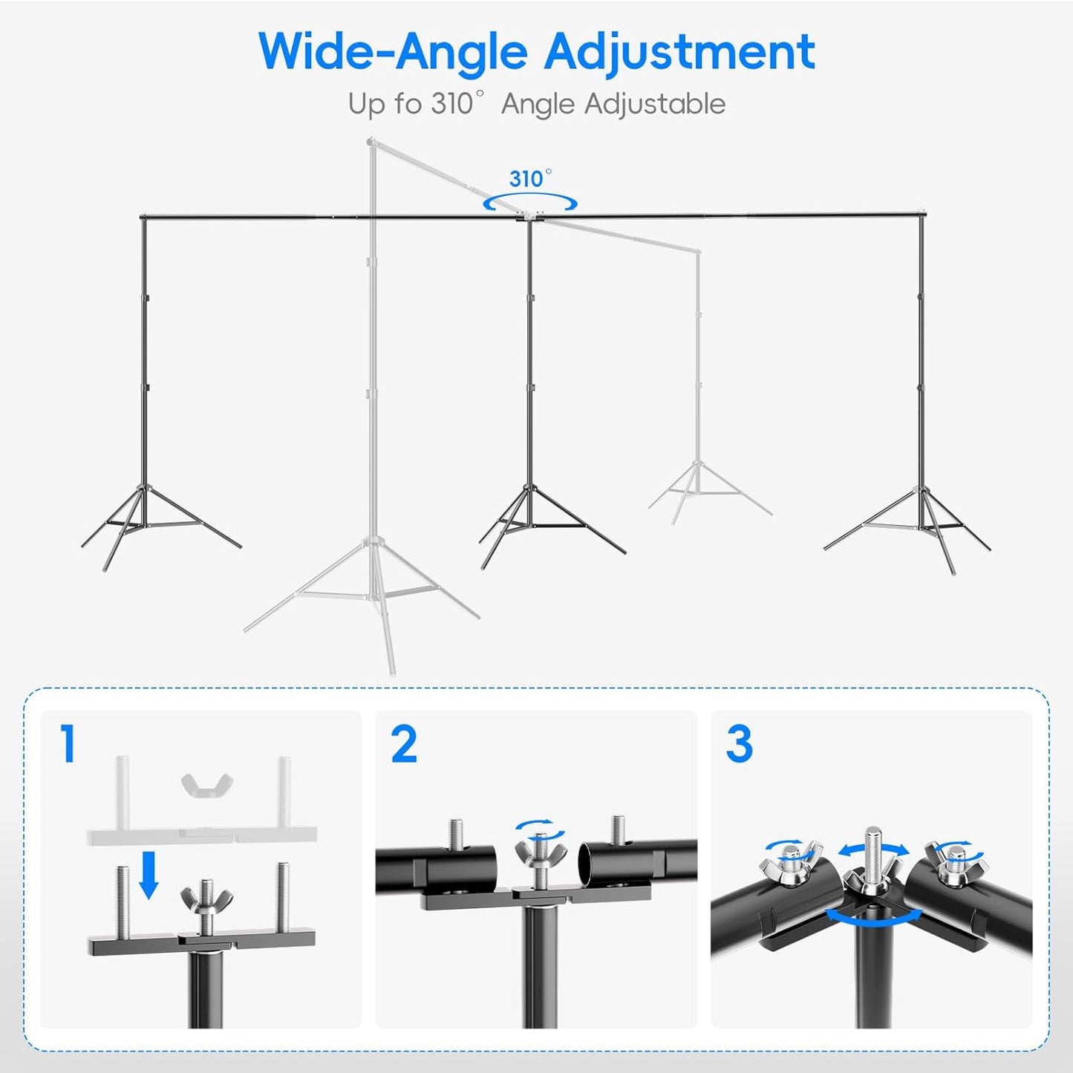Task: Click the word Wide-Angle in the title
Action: pos(393,52)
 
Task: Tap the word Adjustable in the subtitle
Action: pos(654,104)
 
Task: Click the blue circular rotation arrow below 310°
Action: pos(530,203)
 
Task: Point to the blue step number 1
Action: pos(68,744)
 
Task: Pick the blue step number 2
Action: pos(404,744)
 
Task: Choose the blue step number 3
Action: pos(739,744)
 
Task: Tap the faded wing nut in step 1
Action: pos(207,783)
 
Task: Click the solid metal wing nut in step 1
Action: pos(206,899)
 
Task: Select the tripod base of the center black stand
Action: pos(531,524)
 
